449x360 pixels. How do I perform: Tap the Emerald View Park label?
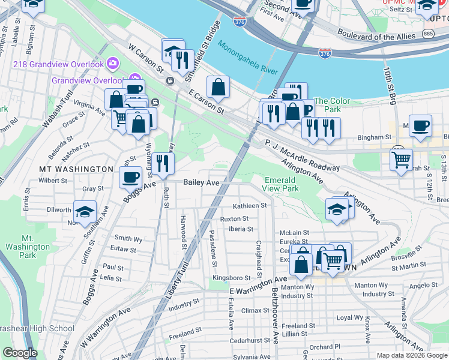[280, 184]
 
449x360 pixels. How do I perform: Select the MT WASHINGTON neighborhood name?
[76, 169]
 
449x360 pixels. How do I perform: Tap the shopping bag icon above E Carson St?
[218, 87]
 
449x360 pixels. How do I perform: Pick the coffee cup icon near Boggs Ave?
[131, 176]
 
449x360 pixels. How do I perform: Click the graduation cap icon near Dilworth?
[85, 211]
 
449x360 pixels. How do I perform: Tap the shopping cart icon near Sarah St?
[401, 159]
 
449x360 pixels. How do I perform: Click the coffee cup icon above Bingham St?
[420, 125]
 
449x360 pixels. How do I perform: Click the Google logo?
[20, 353]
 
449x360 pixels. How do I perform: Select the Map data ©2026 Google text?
[411, 355]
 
